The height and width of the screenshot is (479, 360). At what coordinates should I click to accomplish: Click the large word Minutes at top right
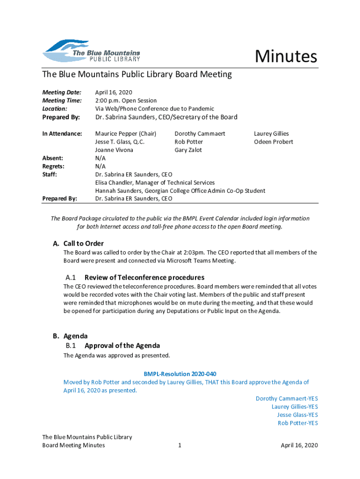pos(286,57)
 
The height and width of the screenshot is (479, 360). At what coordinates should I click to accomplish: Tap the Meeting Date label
pos(62,92)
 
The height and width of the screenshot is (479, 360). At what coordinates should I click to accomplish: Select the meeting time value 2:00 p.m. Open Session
pos(126,101)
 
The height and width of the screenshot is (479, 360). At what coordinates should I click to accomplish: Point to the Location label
pos(55,109)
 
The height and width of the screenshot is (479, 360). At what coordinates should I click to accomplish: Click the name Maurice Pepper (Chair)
pos(126,134)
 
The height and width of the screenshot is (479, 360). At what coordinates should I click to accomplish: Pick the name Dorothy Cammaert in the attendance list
pos(200,134)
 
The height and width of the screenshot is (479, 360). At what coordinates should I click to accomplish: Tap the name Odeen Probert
pos(274,142)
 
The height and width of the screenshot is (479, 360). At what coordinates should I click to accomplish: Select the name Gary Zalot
pos(188,150)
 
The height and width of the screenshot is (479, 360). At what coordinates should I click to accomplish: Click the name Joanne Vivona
pos(114,150)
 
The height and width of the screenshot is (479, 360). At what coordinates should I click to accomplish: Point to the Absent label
pos(53,158)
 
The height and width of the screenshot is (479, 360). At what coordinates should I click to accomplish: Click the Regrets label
pos(53,166)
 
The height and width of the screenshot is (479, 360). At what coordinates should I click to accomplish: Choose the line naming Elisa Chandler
pos(155,182)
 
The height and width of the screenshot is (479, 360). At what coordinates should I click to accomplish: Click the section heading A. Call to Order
pos(79,243)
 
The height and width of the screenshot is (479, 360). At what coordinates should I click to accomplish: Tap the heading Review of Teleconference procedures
pos(144,277)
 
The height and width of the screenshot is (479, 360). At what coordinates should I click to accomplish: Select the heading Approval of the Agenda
pos(122,346)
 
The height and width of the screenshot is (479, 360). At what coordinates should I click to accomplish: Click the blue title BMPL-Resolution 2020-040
pos(180,374)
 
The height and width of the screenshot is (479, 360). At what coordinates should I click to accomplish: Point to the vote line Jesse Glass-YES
pos(297,415)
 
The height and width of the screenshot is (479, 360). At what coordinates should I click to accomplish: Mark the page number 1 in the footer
pos(180,445)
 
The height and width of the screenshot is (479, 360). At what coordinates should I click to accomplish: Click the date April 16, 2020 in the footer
pos(299,445)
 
